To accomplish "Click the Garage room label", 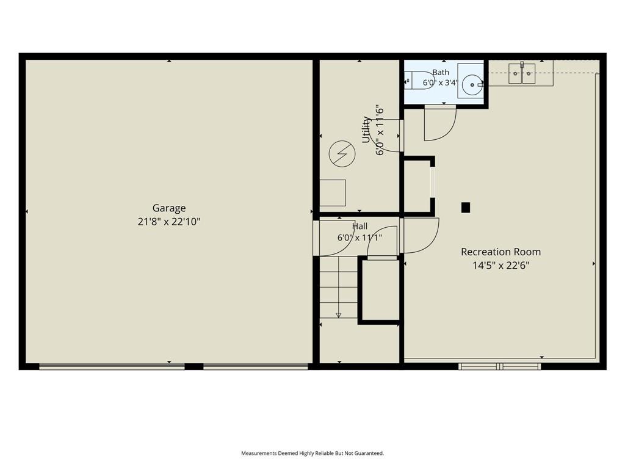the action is click(169, 208).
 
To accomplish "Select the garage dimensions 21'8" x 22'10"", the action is click(169, 222).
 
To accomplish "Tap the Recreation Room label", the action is click(500, 252).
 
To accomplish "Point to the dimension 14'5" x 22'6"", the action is click(500, 266).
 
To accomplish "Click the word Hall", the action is click(359, 227).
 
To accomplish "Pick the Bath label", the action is click(441, 72).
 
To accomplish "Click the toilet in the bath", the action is click(419, 81).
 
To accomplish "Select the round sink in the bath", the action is click(472, 84).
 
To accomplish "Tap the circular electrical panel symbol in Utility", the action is click(342, 153).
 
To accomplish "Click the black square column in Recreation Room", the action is click(466, 208).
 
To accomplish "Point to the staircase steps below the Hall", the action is click(339, 287).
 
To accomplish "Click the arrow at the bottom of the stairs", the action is click(339, 315).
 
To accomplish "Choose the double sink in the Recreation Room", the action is click(522, 73).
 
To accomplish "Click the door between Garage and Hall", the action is click(334, 238).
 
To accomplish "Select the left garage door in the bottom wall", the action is click(112, 366).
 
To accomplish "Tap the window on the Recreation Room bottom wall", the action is click(499, 366).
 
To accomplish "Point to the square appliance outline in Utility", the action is click(333, 192).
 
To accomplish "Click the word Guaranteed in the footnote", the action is click(370, 453).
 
